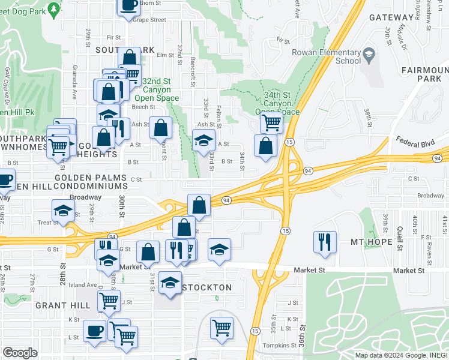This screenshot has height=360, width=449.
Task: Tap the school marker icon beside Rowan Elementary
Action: pos(369,56)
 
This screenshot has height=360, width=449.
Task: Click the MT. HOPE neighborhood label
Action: pos(371,242)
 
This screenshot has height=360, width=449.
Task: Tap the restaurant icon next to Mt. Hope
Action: pos(325,241)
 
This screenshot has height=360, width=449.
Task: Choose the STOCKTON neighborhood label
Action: pos(206,287)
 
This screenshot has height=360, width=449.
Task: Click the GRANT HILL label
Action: pos(62,305)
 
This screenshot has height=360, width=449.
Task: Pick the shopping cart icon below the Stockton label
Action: pos(221,328)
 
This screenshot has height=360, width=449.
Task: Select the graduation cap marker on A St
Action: pos(204,141)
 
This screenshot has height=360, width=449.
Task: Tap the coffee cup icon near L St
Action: pos(95,331)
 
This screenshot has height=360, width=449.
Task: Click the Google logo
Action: pos(20,353)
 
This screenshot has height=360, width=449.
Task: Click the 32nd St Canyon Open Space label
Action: pos(157,89)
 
